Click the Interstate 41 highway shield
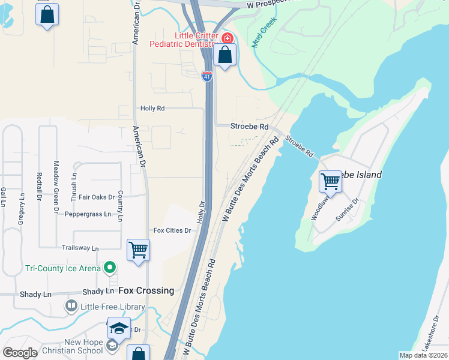[207, 76]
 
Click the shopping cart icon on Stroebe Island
[330, 181]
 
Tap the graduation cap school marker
[119, 328]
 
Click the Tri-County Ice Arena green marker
[109, 268]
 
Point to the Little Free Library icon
[71, 307]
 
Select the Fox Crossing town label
[146, 290]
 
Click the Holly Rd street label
[152, 109]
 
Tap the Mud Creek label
[265, 40]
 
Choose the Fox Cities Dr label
[172, 230]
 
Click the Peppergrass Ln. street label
[88, 214]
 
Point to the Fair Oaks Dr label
[97, 197]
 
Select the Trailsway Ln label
[80, 248]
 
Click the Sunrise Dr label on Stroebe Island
[347, 210]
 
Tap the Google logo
[20, 352]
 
